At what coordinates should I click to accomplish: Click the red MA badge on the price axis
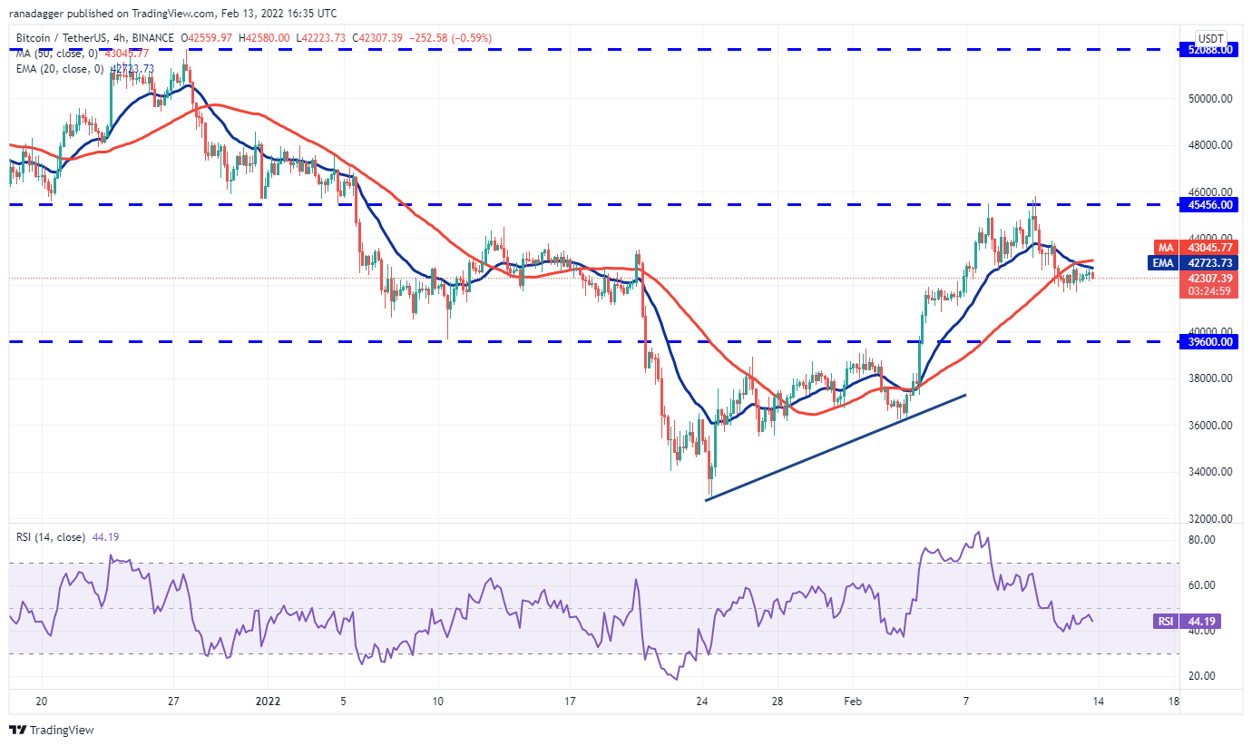1164,247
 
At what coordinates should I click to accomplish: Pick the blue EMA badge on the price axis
1163,263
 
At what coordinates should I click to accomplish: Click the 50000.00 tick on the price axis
1209,98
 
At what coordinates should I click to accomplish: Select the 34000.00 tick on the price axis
1209,472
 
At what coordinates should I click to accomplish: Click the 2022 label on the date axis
269,702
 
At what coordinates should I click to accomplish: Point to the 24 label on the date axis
701,702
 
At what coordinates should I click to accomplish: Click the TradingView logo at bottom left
52,729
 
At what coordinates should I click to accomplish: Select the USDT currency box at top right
1211,38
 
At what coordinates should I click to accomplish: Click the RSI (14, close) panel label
51,537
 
